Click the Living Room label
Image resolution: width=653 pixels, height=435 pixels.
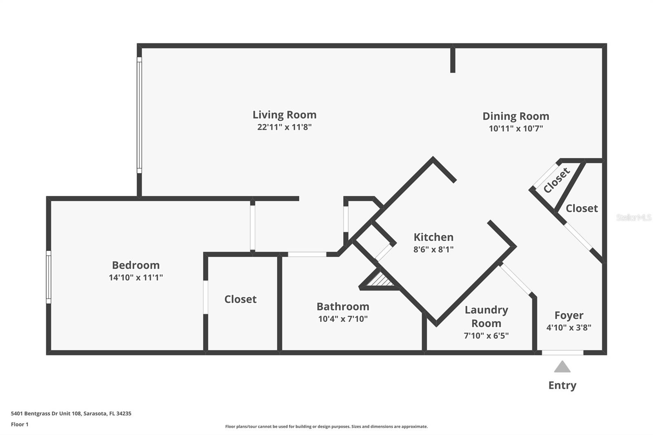pos(284,115)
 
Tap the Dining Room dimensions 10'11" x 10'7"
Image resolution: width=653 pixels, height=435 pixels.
pos(516,129)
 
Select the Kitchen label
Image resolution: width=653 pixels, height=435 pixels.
pos(433,237)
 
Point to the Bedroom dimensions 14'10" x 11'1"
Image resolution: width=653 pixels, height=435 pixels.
pos(135,277)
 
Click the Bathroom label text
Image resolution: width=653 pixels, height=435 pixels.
pos(343,306)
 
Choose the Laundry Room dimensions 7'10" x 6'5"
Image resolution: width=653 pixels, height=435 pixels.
pos(486,336)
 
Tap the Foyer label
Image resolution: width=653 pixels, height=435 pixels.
pos(569,315)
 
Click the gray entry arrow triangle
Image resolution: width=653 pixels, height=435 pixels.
pos(562,367)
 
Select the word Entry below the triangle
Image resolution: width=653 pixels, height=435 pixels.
pos(562,385)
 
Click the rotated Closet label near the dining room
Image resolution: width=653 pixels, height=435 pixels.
pos(556,180)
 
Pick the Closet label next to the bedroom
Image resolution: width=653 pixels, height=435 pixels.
pos(240,299)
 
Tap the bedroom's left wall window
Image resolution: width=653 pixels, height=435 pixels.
pos(49,277)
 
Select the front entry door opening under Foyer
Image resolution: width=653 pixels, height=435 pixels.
pos(562,353)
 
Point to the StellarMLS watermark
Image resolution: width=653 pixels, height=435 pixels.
pos(633,217)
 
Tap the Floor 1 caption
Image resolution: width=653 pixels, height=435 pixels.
pos(20,424)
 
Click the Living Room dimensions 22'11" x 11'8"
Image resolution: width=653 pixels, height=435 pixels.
pos(284,127)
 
